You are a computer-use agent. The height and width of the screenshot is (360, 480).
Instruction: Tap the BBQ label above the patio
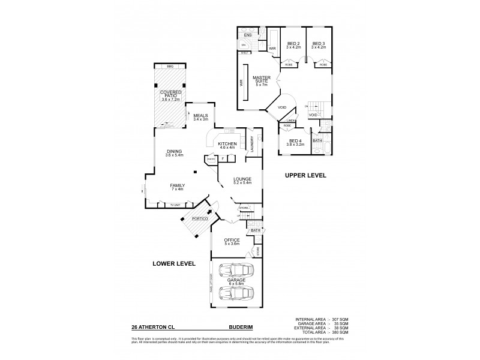[x=169, y=67]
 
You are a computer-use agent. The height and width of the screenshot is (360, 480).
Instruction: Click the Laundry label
[x=254, y=145]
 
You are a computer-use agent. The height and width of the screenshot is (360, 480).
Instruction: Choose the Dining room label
[x=174, y=154]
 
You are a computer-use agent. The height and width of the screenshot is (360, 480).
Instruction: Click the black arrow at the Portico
[x=209, y=211]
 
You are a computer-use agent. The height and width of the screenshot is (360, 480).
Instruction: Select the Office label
[x=232, y=242]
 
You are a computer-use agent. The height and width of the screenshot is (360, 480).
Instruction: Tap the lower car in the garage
[x=235, y=293]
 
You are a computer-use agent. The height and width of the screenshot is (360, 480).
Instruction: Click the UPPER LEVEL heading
[x=305, y=176]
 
